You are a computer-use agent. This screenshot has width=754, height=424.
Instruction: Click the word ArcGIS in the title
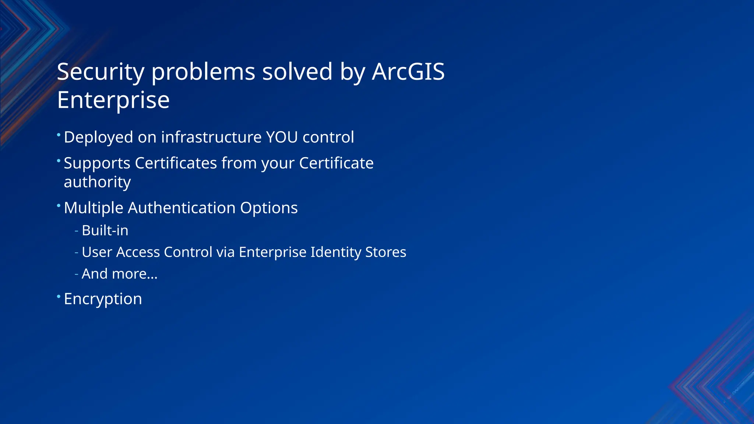click(408, 71)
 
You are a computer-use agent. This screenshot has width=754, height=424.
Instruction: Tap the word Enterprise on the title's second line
click(113, 100)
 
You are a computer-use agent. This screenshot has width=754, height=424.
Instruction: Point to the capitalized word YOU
click(282, 137)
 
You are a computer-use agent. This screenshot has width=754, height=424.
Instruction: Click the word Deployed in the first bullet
click(98, 137)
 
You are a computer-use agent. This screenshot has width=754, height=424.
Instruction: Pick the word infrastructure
click(211, 137)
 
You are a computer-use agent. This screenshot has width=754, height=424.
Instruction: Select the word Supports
click(97, 163)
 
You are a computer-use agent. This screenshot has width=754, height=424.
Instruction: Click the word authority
click(97, 182)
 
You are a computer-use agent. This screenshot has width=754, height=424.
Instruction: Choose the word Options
click(269, 208)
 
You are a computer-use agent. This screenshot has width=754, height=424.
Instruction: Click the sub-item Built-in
click(105, 230)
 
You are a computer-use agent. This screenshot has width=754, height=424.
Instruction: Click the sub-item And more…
click(119, 274)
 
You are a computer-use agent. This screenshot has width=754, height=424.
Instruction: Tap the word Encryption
click(103, 299)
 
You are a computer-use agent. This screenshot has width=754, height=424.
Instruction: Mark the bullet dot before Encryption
click(59, 296)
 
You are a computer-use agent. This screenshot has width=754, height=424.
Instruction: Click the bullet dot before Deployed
click(59, 134)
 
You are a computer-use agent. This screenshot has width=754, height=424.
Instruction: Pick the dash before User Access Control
click(76, 252)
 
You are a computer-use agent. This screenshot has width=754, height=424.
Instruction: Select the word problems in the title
click(203, 71)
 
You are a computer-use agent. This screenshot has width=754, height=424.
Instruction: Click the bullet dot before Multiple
click(59, 205)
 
